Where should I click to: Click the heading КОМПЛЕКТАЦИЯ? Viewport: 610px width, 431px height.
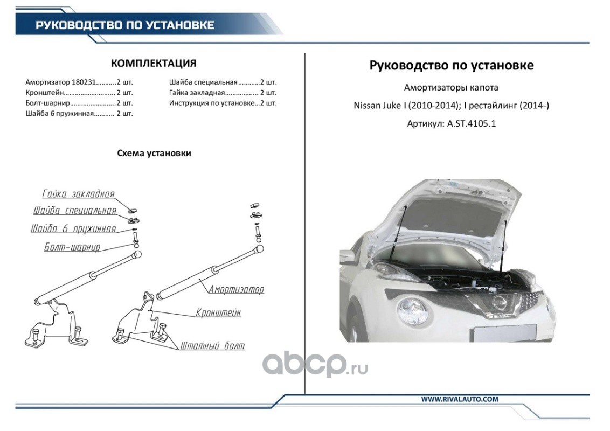[x=153, y=63]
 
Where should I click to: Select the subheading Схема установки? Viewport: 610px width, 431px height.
[x=154, y=153]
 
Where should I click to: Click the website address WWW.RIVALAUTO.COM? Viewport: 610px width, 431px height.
[x=460, y=399]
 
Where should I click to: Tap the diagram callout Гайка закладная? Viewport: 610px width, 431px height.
[x=78, y=194]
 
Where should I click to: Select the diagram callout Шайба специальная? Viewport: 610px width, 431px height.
[x=74, y=210]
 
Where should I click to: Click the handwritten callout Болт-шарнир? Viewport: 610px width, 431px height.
[x=72, y=247]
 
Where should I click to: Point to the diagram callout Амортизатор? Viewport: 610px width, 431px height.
[x=237, y=289]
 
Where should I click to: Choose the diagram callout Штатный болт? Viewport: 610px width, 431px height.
[x=212, y=345]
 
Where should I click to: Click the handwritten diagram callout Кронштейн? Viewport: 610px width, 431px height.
[x=218, y=312]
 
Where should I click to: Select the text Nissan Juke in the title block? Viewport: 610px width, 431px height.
[x=374, y=106]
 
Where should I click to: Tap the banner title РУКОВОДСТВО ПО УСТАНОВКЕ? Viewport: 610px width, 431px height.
[x=125, y=25]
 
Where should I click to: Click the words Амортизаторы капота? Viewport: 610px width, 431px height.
[x=451, y=87]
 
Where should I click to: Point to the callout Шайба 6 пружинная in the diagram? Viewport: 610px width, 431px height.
[x=73, y=229]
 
